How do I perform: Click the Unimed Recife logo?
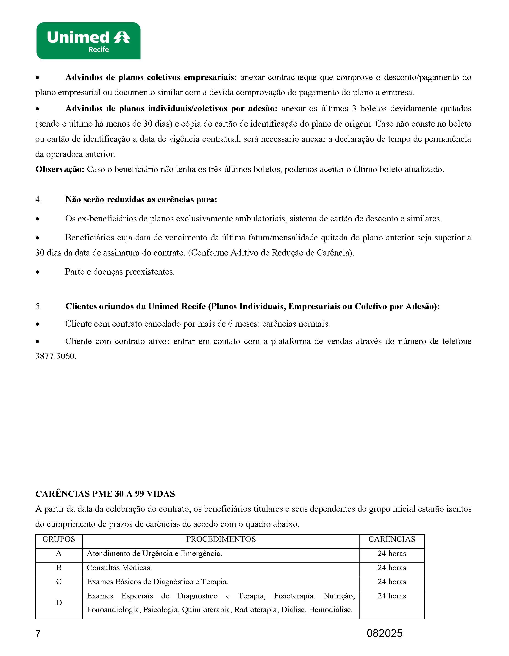coord(88,41)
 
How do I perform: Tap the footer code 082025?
coord(384,633)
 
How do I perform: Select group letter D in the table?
coord(59,603)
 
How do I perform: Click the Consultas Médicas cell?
coord(119,567)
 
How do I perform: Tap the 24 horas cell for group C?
coord(392,581)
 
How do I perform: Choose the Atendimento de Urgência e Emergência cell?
coord(154,553)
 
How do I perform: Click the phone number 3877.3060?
coord(56,356)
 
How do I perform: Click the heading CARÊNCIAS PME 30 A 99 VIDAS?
coord(105,494)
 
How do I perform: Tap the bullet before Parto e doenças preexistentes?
coord(38,272)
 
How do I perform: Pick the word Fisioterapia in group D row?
coord(294,596)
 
